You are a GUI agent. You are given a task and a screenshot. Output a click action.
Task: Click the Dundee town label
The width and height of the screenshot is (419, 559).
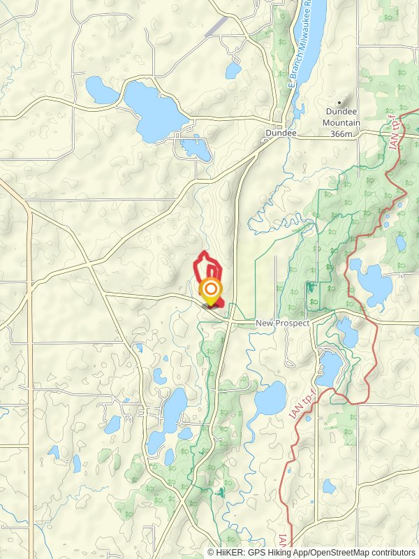281,133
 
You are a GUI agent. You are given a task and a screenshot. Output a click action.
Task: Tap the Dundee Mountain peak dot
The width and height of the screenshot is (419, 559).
341,100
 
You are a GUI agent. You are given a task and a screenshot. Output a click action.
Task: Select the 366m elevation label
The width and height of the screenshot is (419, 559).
341,133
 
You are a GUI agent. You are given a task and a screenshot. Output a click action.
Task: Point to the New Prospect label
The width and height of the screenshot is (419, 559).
282,323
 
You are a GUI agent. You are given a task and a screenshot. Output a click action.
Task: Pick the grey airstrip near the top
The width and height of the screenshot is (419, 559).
216,26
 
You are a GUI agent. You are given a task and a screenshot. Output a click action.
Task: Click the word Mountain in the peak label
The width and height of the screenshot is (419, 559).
341,123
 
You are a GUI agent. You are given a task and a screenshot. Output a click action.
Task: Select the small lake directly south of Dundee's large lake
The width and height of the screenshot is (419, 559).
194,148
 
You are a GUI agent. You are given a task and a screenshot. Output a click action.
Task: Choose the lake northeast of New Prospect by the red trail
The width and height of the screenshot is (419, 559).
371,280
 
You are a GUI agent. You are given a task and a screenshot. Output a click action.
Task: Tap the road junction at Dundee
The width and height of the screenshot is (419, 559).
269,140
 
